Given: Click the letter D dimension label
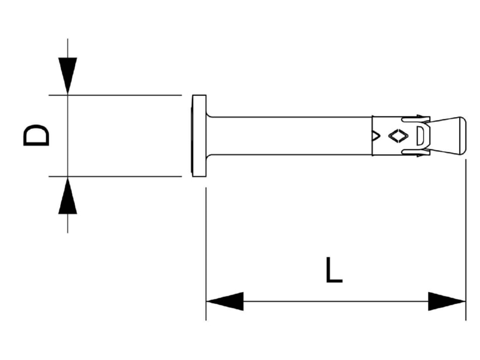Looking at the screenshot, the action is click(x=36, y=135).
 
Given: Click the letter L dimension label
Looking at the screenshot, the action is click(x=334, y=269).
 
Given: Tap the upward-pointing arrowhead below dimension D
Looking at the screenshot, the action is click(x=68, y=196).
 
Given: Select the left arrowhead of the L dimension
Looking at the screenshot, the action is click(x=225, y=301).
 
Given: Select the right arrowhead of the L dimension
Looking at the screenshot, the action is click(x=446, y=301).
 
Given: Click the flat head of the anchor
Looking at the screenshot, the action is click(x=199, y=136).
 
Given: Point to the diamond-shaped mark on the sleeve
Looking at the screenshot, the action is click(x=398, y=136).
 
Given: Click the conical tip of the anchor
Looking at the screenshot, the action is click(x=448, y=136).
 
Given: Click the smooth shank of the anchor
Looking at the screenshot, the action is click(x=289, y=136).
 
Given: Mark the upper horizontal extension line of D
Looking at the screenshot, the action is click(x=115, y=95).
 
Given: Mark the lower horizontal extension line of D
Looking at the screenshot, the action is click(x=115, y=176).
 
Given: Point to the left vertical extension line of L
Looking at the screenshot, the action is click(x=206, y=254).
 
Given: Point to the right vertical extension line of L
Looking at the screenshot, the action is click(x=466, y=239).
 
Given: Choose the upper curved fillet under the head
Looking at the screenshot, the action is click(x=209, y=114).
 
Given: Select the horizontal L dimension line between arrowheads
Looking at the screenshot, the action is click(x=336, y=301).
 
